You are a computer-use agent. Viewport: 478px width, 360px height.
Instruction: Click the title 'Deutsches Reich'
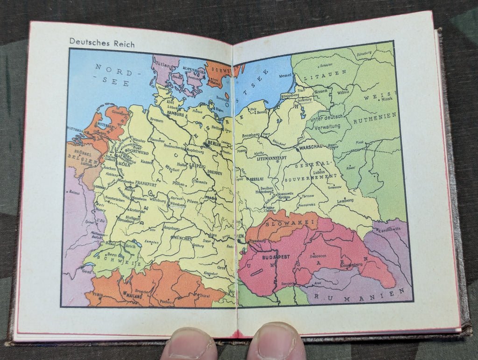[x=102, y=43]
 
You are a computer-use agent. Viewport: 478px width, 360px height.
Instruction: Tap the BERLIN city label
[x=213, y=144]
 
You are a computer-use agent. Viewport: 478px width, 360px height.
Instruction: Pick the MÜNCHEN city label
[x=183, y=238]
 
